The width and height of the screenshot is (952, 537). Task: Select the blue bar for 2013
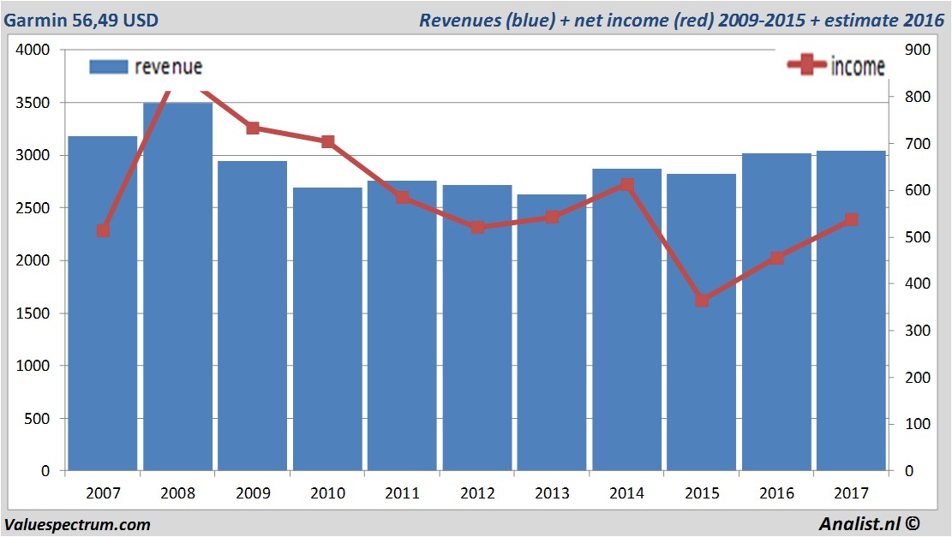[x=552, y=334]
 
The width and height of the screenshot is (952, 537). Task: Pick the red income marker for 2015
[x=702, y=301]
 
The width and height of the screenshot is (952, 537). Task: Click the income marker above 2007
[x=103, y=230]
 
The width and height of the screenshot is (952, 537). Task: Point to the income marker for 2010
[x=327, y=141]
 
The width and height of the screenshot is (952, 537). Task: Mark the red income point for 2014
[x=627, y=184]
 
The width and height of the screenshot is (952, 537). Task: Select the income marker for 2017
[x=851, y=220]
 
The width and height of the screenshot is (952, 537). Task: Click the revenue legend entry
[x=147, y=67]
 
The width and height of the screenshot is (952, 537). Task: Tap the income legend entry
[x=836, y=66]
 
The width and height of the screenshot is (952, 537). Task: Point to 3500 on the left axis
[x=34, y=103]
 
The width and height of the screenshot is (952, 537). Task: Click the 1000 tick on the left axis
[x=34, y=366]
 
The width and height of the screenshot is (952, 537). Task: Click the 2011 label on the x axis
[x=402, y=493]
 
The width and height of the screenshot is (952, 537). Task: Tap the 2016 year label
[x=776, y=493]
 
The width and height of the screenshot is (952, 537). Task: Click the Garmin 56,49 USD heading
[x=81, y=20]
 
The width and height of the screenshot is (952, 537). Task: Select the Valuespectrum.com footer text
[x=77, y=524]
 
